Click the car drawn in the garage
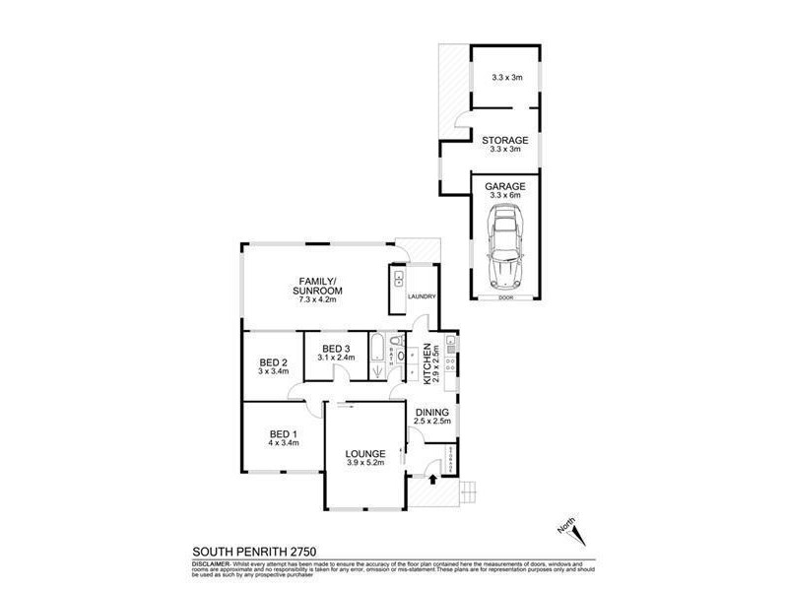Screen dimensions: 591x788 pyautogui.click(x=504, y=252)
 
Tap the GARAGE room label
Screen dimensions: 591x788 pyautogui.click(x=505, y=186)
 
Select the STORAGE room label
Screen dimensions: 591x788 pyautogui.click(x=505, y=141)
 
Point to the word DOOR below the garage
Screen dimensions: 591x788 pyautogui.click(x=505, y=297)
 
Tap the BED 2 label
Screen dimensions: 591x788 pyautogui.click(x=273, y=361)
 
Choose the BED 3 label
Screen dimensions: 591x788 pyautogui.click(x=336, y=349)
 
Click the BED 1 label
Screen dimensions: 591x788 pyautogui.click(x=283, y=433)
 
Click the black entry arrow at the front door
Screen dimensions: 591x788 pyautogui.click(x=433, y=480)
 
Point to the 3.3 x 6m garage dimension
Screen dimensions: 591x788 pyautogui.click(x=505, y=195)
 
